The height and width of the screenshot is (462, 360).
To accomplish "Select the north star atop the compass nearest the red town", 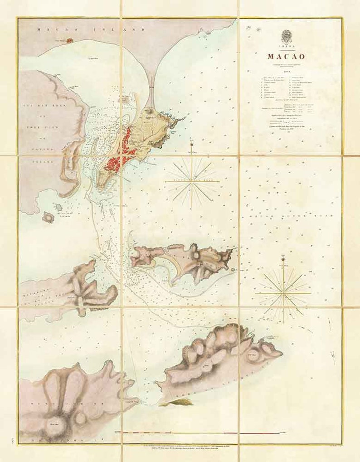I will click(192, 145).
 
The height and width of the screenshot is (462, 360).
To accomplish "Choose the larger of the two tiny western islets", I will click(48, 218).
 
